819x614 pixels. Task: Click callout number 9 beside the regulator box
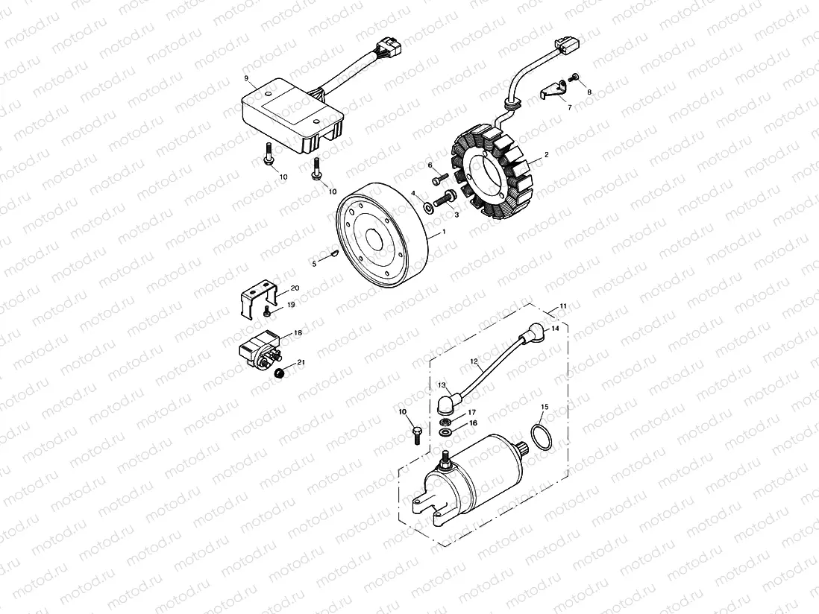click(245, 77)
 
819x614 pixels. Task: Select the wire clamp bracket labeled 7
click(552, 89)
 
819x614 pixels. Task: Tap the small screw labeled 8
click(576, 77)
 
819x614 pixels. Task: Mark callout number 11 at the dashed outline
click(563, 306)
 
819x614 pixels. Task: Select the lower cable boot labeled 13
click(446, 402)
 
